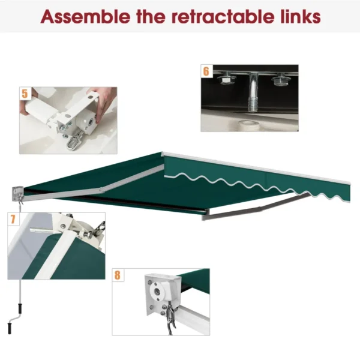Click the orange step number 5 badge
25,94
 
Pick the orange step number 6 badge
206,71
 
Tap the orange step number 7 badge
13,219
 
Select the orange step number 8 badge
118,275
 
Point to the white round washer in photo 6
247,124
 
